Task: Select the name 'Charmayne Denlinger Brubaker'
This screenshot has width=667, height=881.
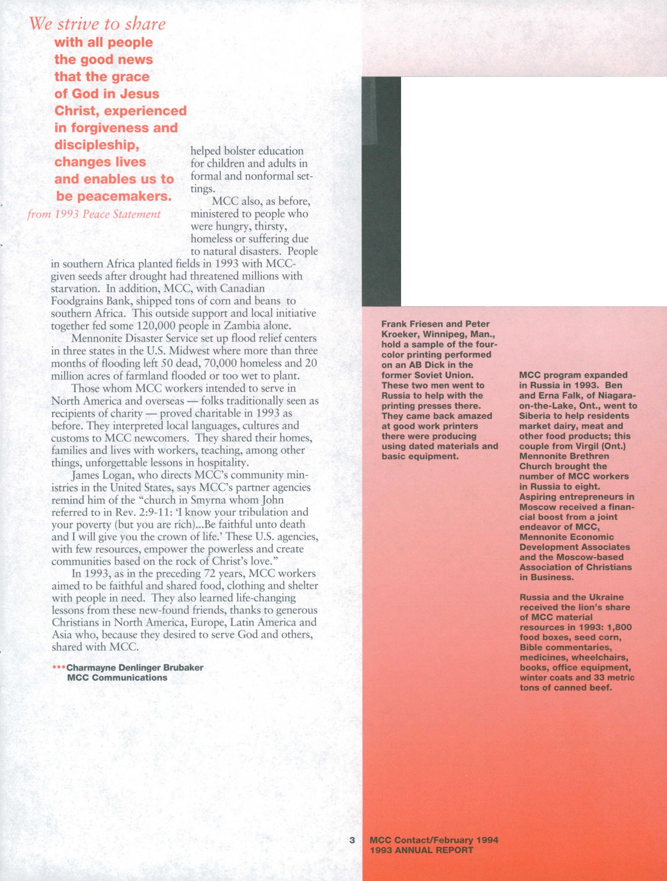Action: coord(135,667)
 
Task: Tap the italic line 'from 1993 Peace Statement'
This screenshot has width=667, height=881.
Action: coord(94,214)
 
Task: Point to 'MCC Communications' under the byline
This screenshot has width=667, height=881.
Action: coord(117,677)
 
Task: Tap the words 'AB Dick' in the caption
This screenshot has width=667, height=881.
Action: coord(425,365)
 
